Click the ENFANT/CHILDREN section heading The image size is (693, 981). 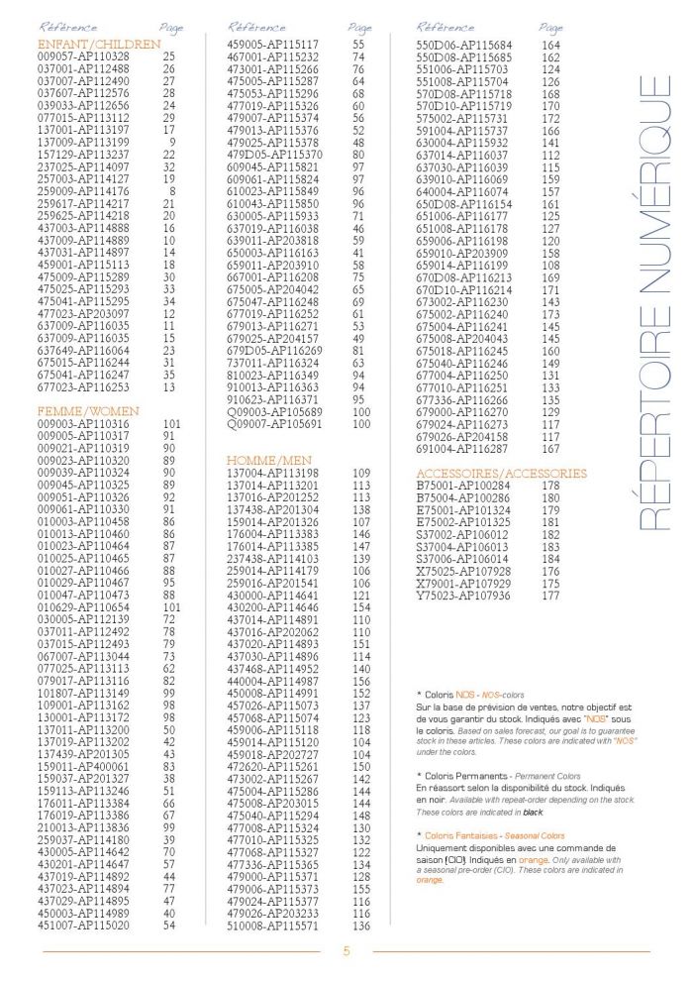pyautogui.click(x=98, y=45)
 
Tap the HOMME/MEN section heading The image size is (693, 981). pyautogui.click(x=269, y=461)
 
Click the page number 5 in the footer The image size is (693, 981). pyautogui.click(x=346, y=952)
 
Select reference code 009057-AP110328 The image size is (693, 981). pyautogui.click(x=83, y=57)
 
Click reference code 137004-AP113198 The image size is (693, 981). pyautogui.click(x=274, y=474)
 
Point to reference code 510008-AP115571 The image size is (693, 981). pyautogui.click(x=274, y=926)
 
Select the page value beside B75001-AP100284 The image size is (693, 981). pyautogui.click(x=550, y=486)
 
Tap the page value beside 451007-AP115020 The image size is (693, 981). pyautogui.click(x=169, y=926)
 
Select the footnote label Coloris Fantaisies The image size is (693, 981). pyautogui.click(x=461, y=836)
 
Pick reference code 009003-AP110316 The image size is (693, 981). pyautogui.click(x=83, y=423)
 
